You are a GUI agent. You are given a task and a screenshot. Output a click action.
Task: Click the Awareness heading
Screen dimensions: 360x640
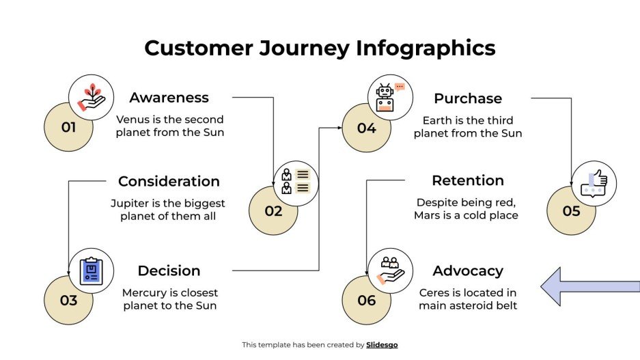169,98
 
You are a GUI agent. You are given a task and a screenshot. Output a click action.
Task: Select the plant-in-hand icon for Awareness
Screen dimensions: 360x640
92,97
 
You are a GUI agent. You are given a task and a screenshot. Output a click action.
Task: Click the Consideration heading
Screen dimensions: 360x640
169,181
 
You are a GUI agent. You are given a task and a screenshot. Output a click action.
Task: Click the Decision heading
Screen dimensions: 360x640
169,271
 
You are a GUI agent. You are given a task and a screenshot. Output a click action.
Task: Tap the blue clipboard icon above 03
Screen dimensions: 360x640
92,271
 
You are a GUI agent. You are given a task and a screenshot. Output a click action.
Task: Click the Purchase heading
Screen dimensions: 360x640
468,98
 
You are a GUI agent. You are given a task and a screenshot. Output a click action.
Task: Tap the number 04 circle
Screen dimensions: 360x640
365,128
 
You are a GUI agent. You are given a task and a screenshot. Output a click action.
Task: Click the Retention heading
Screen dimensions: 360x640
468,180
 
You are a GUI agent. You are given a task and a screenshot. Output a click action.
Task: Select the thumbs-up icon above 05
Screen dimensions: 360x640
594,183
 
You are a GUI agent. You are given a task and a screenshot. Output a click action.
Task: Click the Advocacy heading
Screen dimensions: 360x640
468,271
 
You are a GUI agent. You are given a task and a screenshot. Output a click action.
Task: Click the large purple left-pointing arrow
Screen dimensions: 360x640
589,286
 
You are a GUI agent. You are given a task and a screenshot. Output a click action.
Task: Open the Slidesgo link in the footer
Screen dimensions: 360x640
382,345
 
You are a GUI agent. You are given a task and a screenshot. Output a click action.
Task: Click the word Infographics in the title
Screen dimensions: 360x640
425,48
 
